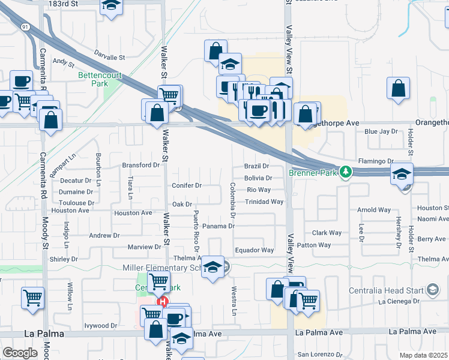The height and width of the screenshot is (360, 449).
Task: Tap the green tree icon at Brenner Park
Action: (345, 172)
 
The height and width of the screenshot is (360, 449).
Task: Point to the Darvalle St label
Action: (109, 58)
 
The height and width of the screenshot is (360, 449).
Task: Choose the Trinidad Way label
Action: (264, 202)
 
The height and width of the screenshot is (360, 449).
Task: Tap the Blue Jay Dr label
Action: (381, 131)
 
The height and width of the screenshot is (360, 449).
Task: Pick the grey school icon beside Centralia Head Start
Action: (432, 290)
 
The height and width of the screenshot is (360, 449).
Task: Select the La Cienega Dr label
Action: (398, 302)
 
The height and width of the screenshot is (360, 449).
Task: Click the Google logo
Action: (20, 352)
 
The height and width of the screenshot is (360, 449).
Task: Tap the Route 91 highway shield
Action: (25, 27)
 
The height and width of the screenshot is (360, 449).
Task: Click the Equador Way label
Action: (254, 250)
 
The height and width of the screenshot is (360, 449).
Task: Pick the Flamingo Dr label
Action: (375, 161)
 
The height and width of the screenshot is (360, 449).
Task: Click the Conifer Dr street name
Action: (187, 185)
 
